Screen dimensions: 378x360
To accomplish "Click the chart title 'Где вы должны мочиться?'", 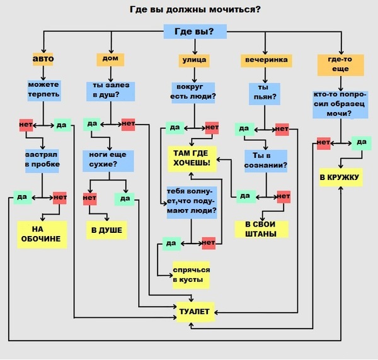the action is click(x=195, y=9).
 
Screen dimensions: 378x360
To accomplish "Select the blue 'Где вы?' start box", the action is click(x=195, y=31).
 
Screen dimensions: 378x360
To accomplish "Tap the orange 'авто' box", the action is click(x=43, y=59).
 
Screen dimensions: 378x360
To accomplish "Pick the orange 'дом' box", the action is click(x=110, y=60).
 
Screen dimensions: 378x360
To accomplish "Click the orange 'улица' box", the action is click(x=194, y=60).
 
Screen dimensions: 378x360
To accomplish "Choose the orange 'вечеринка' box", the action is click(x=266, y=60).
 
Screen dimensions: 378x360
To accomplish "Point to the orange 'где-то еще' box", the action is click(x=340, y=65).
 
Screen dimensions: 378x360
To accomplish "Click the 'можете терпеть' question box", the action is click(x=44, y=91).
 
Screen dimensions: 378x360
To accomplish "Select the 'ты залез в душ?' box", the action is click(x=111, y=91).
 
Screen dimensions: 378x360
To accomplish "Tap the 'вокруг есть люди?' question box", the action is click(x=193, y=93).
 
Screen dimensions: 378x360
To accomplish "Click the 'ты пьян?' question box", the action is click(x=265, y=94).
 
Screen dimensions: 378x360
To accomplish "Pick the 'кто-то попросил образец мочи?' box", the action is click(x=340, y=104).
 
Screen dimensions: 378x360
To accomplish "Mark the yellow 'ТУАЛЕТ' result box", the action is click(x=195, y=312).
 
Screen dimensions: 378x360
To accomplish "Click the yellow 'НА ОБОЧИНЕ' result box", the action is click(x=42, y=234).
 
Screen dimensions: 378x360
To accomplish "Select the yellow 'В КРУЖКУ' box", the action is click(x=341, y=177).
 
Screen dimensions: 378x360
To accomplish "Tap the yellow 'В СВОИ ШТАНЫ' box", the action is click(x=261, y=229).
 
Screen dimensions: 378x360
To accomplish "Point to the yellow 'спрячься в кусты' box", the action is click(x=191, y=275).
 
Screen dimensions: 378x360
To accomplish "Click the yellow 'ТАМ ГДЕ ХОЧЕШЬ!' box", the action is click(x=192, y=159).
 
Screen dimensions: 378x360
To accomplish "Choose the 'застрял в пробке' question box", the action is click(x=42, y=161).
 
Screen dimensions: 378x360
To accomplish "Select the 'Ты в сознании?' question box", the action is click(x=266, y=161).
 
